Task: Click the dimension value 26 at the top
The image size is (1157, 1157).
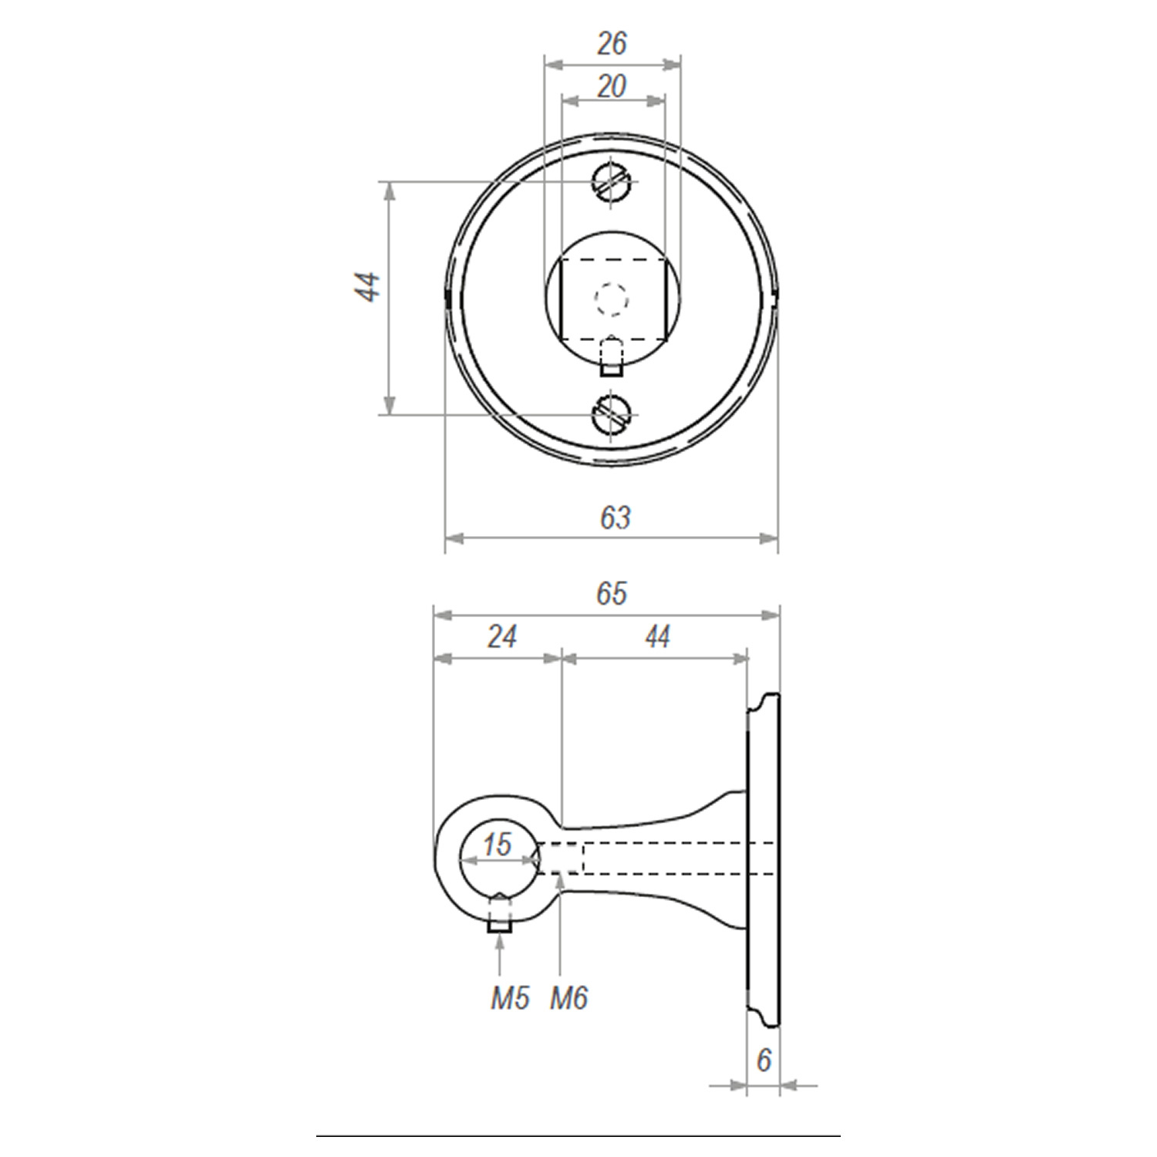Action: pyautogui.click(x=612, y=44)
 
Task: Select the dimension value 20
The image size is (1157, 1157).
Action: pyautogui.click(x=612, y=86)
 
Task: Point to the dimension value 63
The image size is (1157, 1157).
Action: pyautogui.click(x=615, y=518)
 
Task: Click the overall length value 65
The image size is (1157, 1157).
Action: pyautogui.click(x=612, y=594)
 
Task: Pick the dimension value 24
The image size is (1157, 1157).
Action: pyautogui.click(x=501, y=637)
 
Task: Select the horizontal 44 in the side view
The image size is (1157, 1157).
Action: pyautogui.click(x=657, y=637)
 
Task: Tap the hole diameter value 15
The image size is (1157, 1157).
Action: pyautogui.click(x=497, y=845)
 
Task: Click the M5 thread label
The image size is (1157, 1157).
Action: pyautogui.click(x=511, y=999)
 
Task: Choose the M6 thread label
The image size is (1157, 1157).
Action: pyautogui.click(x=568, y=999)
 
